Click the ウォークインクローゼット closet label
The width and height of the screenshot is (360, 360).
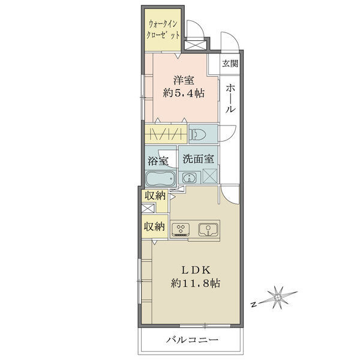tap(163, 30)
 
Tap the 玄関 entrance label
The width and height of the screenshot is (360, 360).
tap(230, 64)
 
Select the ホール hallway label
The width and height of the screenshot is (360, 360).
tap(230, 98)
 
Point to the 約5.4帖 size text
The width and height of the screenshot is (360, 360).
tap(184, 94)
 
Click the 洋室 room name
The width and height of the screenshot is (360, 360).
tap(184, 80)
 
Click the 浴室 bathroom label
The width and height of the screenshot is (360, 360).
tap(158, 160)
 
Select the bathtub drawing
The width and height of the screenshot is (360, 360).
tap(160, 179)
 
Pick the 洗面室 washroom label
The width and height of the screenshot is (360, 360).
tap(199, 159)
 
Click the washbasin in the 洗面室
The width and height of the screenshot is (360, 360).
tap(189, 178)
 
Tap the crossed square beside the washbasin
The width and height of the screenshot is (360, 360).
tap(210, 176)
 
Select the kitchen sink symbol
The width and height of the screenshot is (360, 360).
tap(208, 230)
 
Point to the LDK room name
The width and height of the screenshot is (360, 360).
tap(196, 270)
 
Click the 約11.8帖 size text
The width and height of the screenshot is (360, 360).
tap(196, 283)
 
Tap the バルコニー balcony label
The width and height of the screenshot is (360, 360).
tap(192, 340)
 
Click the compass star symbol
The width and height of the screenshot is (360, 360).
tap(278, 298)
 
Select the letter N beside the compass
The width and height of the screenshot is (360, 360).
tap(253, 305)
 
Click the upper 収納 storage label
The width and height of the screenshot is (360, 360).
tap(155, 196)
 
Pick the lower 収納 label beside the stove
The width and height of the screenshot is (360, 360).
tap(154, 227)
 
